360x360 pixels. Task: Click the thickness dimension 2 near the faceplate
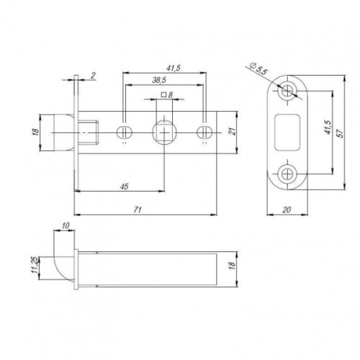click(x=92, y=75)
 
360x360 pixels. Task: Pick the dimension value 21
click(x=232, y=131)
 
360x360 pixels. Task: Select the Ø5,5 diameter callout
click(x=255, y=69)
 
